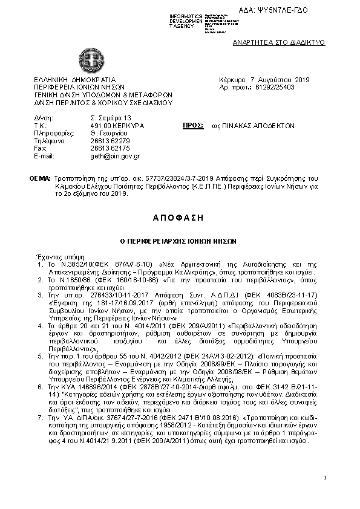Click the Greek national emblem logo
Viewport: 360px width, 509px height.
(92, 60)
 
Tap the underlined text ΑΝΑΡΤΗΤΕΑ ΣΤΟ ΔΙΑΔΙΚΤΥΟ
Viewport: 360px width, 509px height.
(279, 43)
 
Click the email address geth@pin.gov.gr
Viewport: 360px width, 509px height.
(115, 156)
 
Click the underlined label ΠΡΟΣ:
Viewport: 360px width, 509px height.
(192, 125)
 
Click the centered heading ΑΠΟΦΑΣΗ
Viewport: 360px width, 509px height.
(179, 216)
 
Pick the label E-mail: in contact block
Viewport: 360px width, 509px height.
(45, 156)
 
